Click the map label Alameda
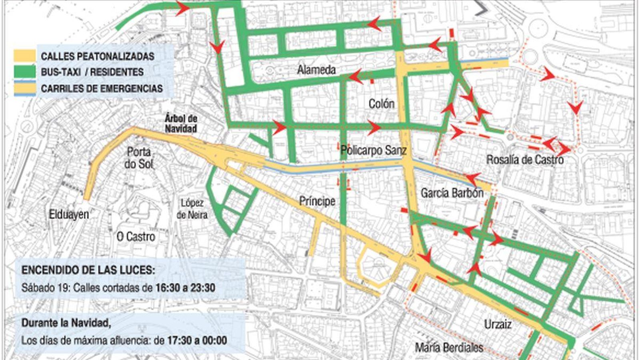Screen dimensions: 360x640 pos(316,70)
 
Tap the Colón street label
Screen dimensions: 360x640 pos(381,104)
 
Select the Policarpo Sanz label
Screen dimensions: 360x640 pos(373,150)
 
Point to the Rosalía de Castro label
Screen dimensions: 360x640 pos(524,160)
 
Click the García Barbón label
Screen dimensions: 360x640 pos(452,193)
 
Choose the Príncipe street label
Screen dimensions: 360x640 pos(317,201)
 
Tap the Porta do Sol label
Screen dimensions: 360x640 pos(138,158)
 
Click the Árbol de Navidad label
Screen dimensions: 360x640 pos(181,124)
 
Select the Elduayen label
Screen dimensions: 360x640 pos(69,214)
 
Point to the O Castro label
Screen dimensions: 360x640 pos(136,237)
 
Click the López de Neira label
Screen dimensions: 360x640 pos(192,209)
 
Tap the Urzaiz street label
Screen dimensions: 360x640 pos(498,324)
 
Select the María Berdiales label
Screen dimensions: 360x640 pos(449,347)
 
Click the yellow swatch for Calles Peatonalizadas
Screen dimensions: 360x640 pos(24,56)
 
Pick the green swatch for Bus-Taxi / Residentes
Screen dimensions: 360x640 pos(24,72)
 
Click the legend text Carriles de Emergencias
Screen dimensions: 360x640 pos(102,88)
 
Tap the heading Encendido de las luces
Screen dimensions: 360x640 pos(88,270)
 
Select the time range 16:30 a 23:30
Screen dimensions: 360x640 pos(185,288)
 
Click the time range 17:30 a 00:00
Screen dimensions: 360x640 pos(197,340)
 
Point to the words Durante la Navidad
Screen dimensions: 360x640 pos(66,322)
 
